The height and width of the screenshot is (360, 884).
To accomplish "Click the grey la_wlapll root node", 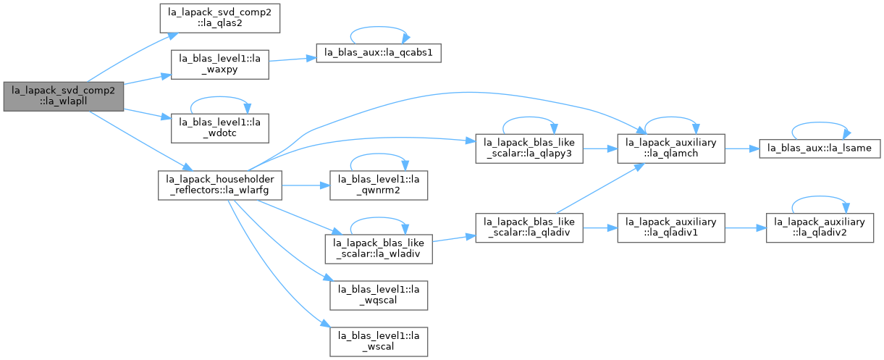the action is pos(64,96).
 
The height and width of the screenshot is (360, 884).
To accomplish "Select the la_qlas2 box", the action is pos(220,18).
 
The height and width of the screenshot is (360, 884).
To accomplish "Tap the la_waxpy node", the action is pos(220,64).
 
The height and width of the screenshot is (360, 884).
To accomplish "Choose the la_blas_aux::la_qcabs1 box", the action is pos(379,53).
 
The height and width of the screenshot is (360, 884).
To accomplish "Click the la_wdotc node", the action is pos(220,128).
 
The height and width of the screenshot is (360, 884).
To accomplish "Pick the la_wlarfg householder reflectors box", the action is pos(220,185).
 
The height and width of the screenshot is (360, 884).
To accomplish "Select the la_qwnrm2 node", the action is pos(379,185).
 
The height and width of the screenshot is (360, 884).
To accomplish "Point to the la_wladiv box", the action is pos(379,249).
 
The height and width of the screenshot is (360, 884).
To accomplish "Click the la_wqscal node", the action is pos(379,296).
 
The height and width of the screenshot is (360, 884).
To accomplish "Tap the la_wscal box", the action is pos(379,341).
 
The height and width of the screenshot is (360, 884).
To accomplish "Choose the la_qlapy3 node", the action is pos(529,148).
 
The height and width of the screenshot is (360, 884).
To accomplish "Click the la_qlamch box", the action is pos(671,148).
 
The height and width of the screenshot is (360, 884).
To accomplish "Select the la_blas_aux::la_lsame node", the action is pos(820,148).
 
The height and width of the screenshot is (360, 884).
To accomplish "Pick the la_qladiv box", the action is pos(529,227).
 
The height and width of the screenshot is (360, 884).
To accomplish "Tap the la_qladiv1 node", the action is pos(671,227).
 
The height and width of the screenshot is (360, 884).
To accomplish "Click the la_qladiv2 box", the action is pos(820,227).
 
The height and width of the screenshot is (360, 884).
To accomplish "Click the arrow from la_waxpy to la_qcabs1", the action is pos(292,59).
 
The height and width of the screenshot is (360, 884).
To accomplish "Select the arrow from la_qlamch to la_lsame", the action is pos(742,148).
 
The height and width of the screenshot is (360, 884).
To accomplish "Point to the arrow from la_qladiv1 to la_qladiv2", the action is pos(746,227).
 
